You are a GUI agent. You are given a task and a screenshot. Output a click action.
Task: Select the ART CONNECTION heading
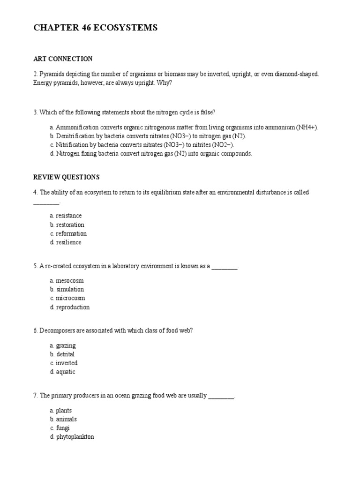63,59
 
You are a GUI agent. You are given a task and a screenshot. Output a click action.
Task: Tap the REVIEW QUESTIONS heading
66,177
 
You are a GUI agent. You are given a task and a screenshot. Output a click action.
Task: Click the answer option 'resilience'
68,242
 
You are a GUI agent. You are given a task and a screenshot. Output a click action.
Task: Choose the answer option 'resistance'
68,216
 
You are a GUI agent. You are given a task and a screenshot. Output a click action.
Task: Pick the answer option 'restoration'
70,225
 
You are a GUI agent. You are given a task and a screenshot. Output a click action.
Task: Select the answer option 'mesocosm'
70,280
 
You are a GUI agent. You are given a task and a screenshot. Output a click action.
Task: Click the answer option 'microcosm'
70,298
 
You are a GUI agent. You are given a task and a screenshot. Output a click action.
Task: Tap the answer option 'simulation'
70,289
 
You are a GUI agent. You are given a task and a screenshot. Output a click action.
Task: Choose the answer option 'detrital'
65,354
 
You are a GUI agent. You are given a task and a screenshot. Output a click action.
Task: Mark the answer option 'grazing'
66,345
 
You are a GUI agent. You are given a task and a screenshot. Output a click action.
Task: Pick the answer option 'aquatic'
66,372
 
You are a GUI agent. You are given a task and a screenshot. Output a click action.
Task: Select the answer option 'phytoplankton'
75,437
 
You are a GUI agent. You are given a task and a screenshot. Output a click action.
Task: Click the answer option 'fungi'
62,428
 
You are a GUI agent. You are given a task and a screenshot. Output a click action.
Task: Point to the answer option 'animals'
66,419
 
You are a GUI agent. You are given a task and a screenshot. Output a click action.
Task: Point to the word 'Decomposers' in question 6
56,330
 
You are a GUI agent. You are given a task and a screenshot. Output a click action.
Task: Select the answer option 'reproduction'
73,307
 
